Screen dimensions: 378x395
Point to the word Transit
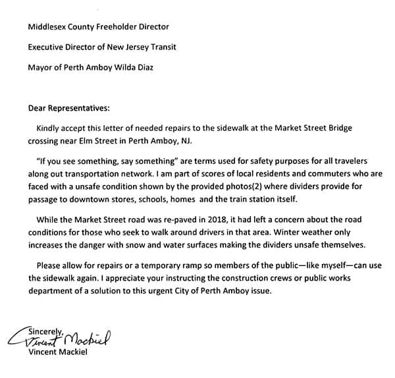tap(161, 47)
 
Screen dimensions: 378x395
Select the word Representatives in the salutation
tap(80, 107)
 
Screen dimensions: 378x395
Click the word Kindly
tap(50, 128)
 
